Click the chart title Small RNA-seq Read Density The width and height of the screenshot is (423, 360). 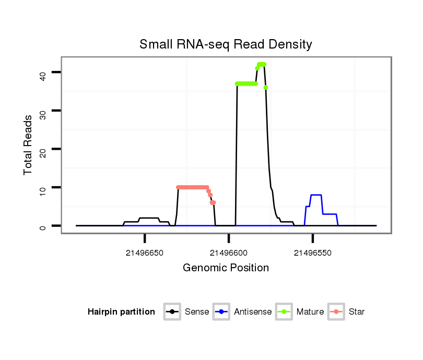tap(226, 44)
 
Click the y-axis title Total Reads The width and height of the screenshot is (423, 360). tap(28, 145)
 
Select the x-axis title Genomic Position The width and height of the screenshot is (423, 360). tap(226, 268)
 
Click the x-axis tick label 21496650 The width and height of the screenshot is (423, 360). tap(144, 253)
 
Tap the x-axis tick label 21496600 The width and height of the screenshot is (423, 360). tap(228, 253)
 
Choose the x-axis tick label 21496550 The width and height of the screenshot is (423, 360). tap(312, 253)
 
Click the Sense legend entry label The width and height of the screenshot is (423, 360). tap(197, 312)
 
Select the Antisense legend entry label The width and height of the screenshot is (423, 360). tap(253, 312)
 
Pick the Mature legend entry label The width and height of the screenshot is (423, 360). tap(310, 312)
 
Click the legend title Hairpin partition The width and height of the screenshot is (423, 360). tap(121, 312)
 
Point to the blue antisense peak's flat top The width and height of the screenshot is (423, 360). tap(316, 195)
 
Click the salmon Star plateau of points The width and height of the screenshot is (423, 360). tap(192, 187)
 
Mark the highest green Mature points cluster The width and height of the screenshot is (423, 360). tap(261, 64)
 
